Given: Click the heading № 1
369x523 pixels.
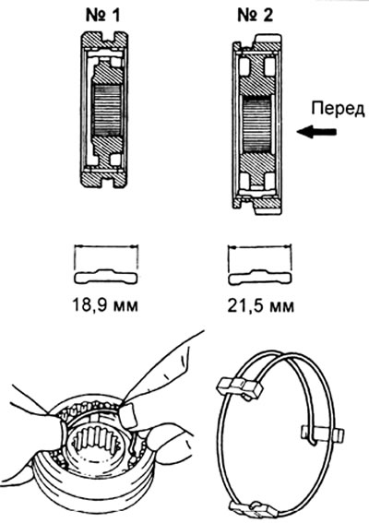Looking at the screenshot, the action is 102,16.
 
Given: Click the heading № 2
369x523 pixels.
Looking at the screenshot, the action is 256,16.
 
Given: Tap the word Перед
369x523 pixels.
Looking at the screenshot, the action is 338,110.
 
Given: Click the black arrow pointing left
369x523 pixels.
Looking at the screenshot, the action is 316,132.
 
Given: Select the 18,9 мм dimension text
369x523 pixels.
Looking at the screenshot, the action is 105,305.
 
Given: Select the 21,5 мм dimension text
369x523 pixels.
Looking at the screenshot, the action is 260,306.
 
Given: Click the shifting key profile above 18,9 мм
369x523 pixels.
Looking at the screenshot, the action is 106,276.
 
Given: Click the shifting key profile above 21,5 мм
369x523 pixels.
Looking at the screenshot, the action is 260,277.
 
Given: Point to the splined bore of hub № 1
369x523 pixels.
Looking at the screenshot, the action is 106,111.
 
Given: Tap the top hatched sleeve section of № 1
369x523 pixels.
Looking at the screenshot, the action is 104,41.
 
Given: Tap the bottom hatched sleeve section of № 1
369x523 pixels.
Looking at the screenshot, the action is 104,178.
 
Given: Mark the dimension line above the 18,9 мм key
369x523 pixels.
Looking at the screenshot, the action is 106,247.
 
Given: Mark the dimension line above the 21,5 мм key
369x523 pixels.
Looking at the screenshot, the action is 259,247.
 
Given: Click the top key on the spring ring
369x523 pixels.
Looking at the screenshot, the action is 240,387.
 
